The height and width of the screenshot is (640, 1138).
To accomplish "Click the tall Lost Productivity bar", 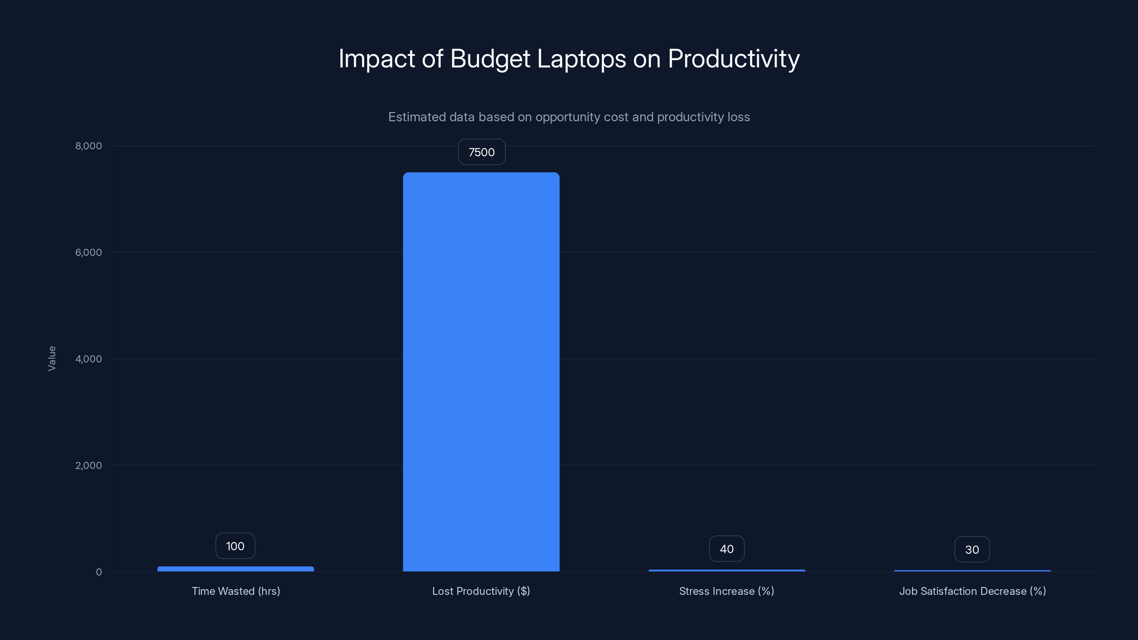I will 481,372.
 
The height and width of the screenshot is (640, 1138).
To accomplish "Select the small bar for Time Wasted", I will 235,569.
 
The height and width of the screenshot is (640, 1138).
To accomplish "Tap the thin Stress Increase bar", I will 727,570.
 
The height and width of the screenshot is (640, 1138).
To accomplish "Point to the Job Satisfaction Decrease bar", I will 972,571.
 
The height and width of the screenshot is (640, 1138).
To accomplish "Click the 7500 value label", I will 482,152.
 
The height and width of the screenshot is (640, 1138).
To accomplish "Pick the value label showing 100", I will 235,546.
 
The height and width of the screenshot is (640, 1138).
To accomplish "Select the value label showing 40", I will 727,549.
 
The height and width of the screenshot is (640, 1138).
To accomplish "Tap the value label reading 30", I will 972,549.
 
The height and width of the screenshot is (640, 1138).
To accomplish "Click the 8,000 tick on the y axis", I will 88,146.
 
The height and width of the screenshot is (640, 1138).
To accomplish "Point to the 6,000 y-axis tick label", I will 88,252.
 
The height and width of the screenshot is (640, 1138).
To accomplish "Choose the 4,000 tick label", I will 88,359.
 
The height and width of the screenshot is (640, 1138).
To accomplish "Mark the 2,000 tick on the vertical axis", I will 88,465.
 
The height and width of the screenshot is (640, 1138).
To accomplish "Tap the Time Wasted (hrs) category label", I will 235,591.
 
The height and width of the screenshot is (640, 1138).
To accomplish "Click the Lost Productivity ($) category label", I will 481,591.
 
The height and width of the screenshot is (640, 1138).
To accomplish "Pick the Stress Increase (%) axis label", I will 727,591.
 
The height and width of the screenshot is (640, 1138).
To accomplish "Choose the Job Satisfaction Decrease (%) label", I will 972,591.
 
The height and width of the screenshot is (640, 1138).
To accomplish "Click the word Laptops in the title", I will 581,59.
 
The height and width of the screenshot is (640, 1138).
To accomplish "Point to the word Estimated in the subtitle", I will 416,117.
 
